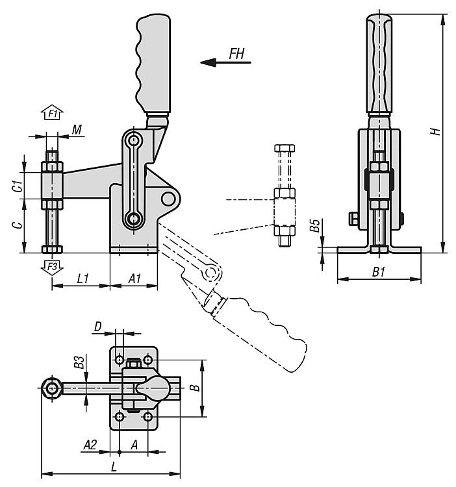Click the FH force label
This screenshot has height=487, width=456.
[236, 53]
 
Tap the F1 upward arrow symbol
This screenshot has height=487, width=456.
[52, 112]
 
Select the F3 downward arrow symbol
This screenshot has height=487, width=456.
[52, 267]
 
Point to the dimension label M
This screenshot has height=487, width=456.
[77, 129]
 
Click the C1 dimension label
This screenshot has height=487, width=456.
[19, 186]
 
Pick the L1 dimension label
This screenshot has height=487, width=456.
[83, 279]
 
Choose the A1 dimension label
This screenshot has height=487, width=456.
[135, 279]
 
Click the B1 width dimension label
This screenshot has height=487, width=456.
[378, 272]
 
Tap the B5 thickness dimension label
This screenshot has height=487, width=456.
[314, 225]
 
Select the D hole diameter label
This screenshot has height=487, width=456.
[98, 327]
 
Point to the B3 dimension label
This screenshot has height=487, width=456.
[80, 362]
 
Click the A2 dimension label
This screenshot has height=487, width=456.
[90, 445]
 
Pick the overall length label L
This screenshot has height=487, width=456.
[114, 467]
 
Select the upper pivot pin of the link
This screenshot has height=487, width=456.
[134, 140]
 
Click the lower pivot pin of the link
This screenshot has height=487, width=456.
[134, 219]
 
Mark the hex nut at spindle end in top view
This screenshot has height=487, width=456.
[51, 388]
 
